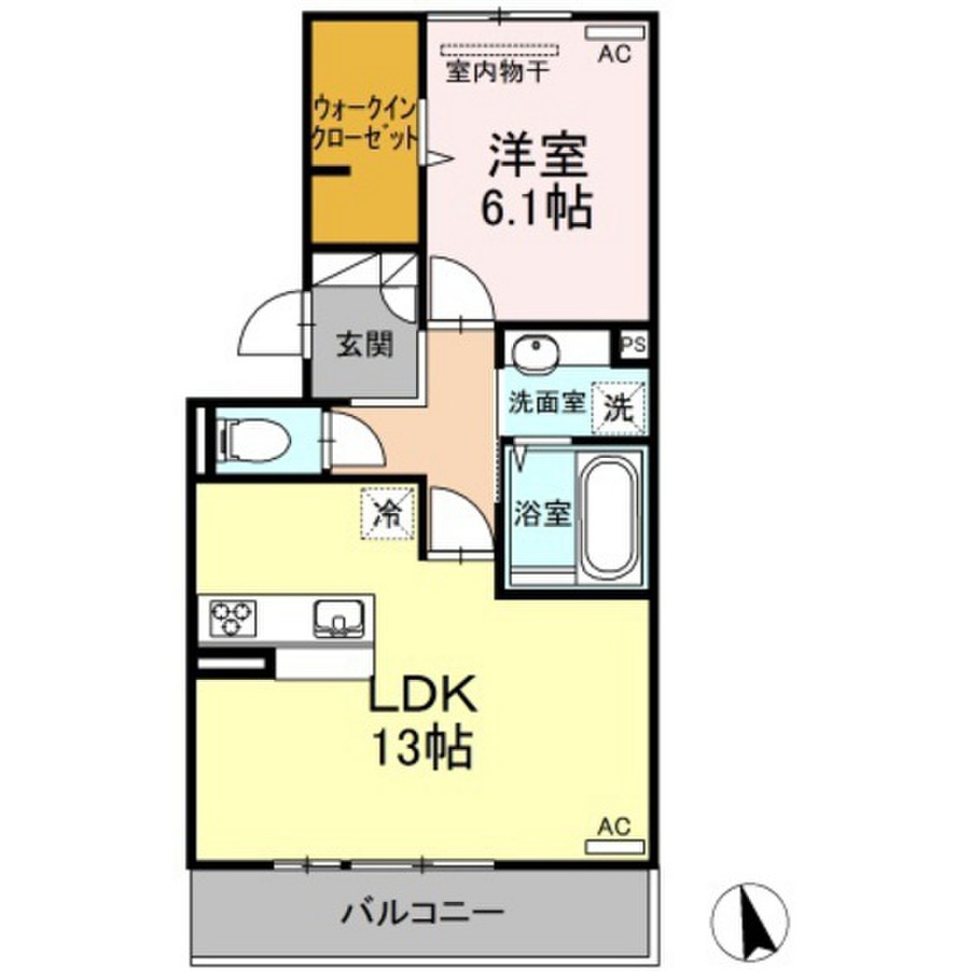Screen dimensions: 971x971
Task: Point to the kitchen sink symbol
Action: pyautogui.click(x=333, y=618)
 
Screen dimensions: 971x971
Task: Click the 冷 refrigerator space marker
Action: pyautogui.click(x=387, y=513)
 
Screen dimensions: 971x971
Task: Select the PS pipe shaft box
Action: pyautogui.click(x=633, y=344)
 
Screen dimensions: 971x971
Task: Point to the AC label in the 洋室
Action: pyautogui.click(x=614, y=55)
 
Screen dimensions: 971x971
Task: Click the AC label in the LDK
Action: pyautogui.click(x=613, y=826)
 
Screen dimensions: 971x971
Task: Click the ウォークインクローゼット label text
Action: pyautogui.click(x=365, y=120)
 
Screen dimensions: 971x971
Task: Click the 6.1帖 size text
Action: pyautogui.click(x=537, y=208)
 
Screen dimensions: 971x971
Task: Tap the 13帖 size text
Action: pyautogui.click(x=421, y=748)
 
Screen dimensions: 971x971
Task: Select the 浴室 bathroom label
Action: pyautogui.click(x=542, y=515)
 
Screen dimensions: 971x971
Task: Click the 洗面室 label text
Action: pyautogui.click(x=544, y=401)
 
